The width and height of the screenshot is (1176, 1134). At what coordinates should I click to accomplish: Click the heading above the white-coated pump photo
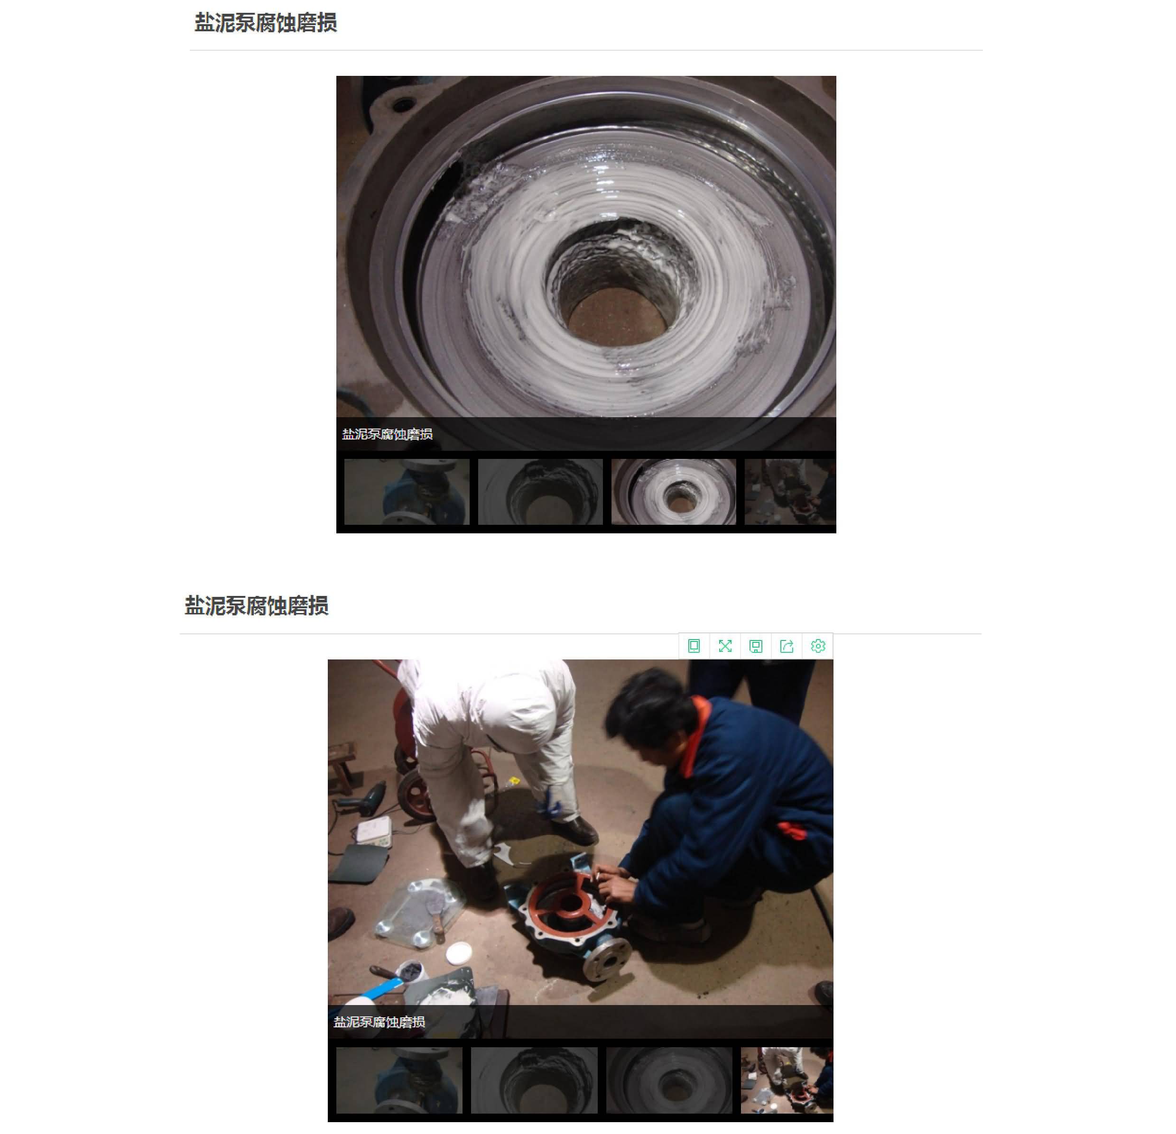click(x=265, y=23)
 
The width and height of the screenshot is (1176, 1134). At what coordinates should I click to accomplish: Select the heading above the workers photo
click(x=256, y=606)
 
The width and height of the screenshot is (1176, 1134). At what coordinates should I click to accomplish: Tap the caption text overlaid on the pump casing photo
click(x=387, y=434)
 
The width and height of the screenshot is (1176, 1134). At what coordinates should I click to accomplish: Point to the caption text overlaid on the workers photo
click(x=379, y=1022)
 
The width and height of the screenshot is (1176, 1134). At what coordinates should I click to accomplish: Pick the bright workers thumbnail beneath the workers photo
click(x=787, y=1080)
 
